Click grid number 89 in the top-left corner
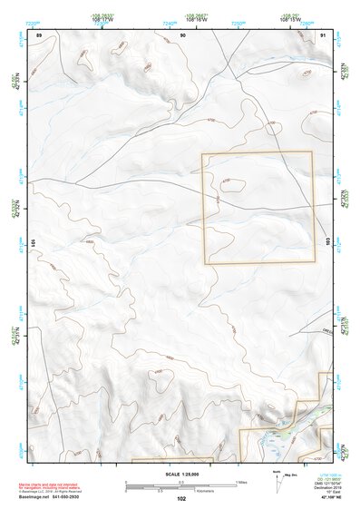[x=39, y=34]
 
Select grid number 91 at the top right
[x=324, y=34]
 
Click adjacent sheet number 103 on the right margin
[x=326, y=239]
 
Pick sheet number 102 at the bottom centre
[x=181, y=499]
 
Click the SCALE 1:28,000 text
[x=181, y=474]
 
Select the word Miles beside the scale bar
[x=240, y=481]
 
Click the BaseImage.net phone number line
[x=56, y=497]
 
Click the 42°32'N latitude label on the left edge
[x=14, y=208]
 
